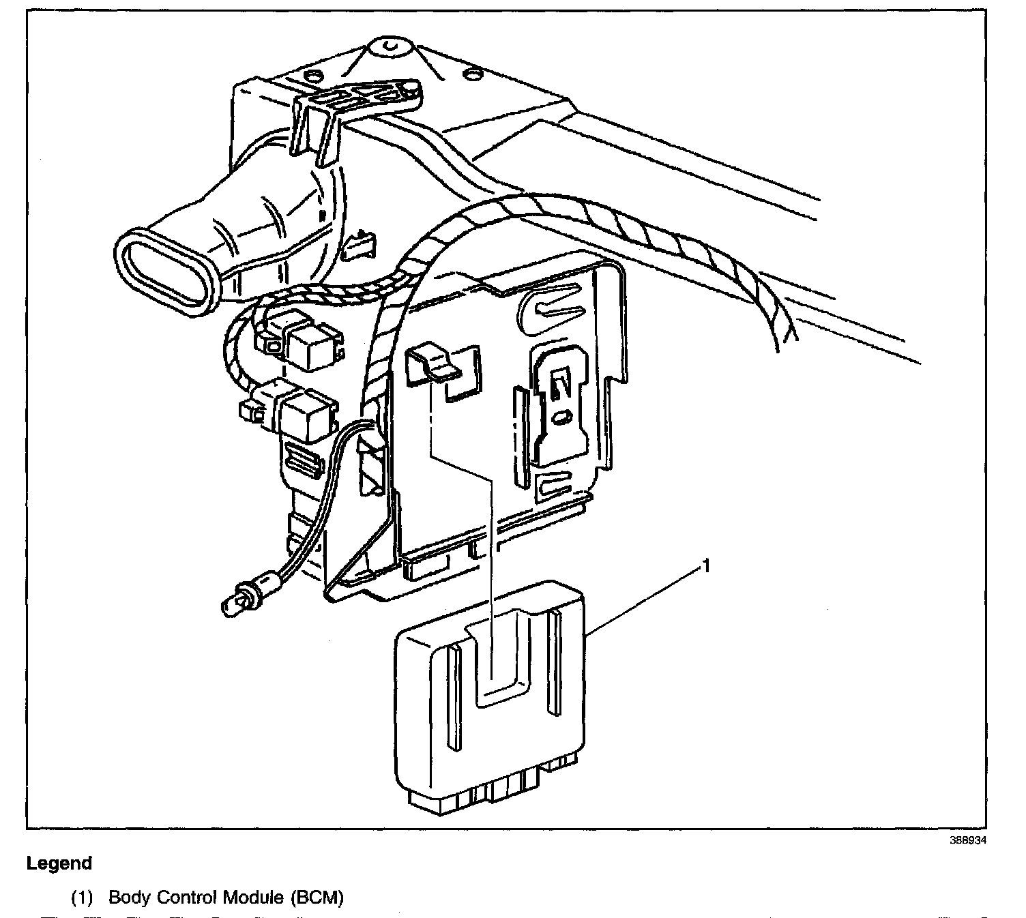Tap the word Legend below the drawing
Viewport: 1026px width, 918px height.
[x=59, y=863]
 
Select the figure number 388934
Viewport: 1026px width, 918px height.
[x=968, y=841]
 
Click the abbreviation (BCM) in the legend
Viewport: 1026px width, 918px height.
[x=317, y=898]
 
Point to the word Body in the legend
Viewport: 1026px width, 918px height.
[x=130, y=898]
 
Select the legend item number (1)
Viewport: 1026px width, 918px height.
[x=83, y=898]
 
